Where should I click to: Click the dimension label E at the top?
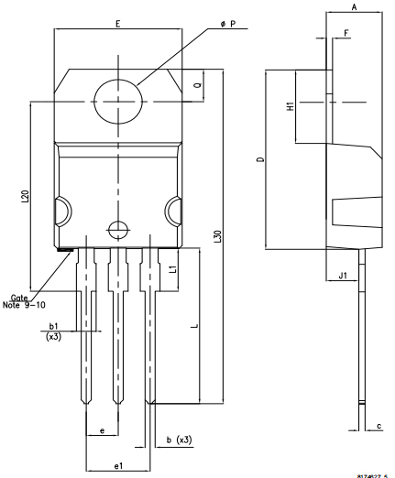pos(118,22)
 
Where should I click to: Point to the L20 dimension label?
pos(25,196)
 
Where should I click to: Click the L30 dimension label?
pos(217,234)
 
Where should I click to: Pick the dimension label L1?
pos(172,267)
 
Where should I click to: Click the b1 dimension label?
pos(53,326)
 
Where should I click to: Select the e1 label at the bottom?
pos(118,467)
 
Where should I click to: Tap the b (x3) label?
pos(180,441)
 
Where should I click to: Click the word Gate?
pos(19,297)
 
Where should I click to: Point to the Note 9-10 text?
pos(28,305)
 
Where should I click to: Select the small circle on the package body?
pos(115,230)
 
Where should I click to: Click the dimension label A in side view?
pos(354,6)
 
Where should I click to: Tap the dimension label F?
pos(346,33)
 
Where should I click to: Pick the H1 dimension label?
pos(290,106)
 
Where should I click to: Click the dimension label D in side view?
pos(259,160)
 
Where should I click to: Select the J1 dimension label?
pos(340,274)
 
